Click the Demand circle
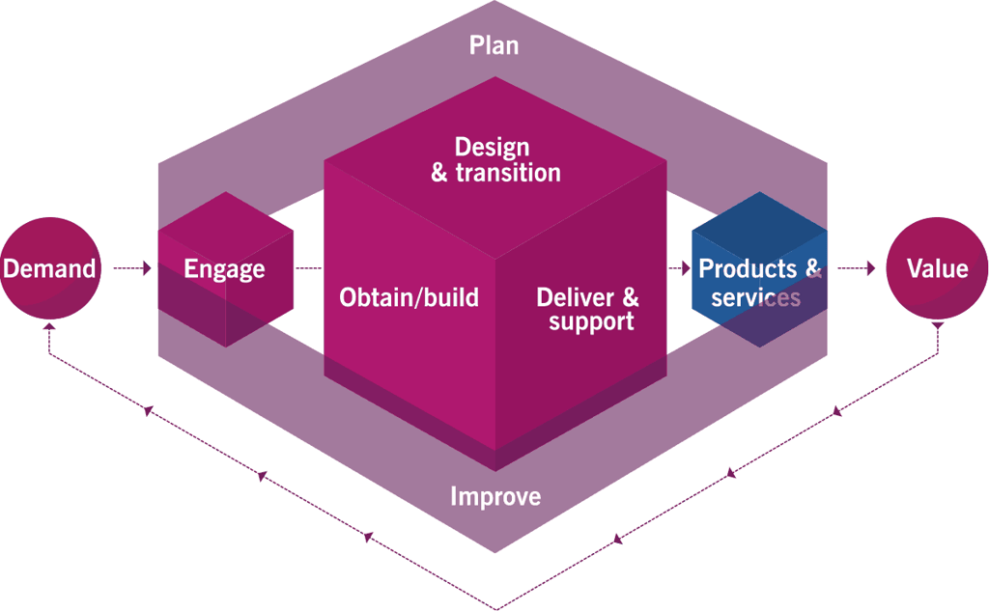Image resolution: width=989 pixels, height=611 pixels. pos(50,268)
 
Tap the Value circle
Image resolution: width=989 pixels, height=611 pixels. pos(937,268)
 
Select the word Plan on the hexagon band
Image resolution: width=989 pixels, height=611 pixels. pos(494,45)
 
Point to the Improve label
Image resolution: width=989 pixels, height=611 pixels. pos(495,497)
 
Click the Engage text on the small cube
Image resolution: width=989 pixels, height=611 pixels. pos(224,270)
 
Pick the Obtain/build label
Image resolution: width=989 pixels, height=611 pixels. pos(409,297)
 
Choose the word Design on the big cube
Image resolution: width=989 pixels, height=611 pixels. pos(492,149)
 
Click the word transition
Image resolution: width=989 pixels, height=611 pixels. pos(508,172)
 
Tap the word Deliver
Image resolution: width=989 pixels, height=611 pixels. pos(576,297)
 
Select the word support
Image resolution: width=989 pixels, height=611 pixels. pos(591,322)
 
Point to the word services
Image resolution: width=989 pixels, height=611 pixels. pos(755,297)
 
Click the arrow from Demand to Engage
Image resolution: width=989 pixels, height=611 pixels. pos(132,268)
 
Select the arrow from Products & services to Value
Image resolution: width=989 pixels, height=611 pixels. pos(857,268)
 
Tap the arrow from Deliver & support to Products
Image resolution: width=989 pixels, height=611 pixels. pos(679,268)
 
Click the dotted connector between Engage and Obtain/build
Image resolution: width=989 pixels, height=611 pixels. pos(308,268)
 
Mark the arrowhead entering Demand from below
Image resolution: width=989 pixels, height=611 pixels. pos(49,326)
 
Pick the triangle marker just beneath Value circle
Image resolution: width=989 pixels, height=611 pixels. pos(938,326)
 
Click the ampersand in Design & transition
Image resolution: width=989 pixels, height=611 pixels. pos(439,173)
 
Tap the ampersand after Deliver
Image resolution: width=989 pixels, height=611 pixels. pos(631,297)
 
